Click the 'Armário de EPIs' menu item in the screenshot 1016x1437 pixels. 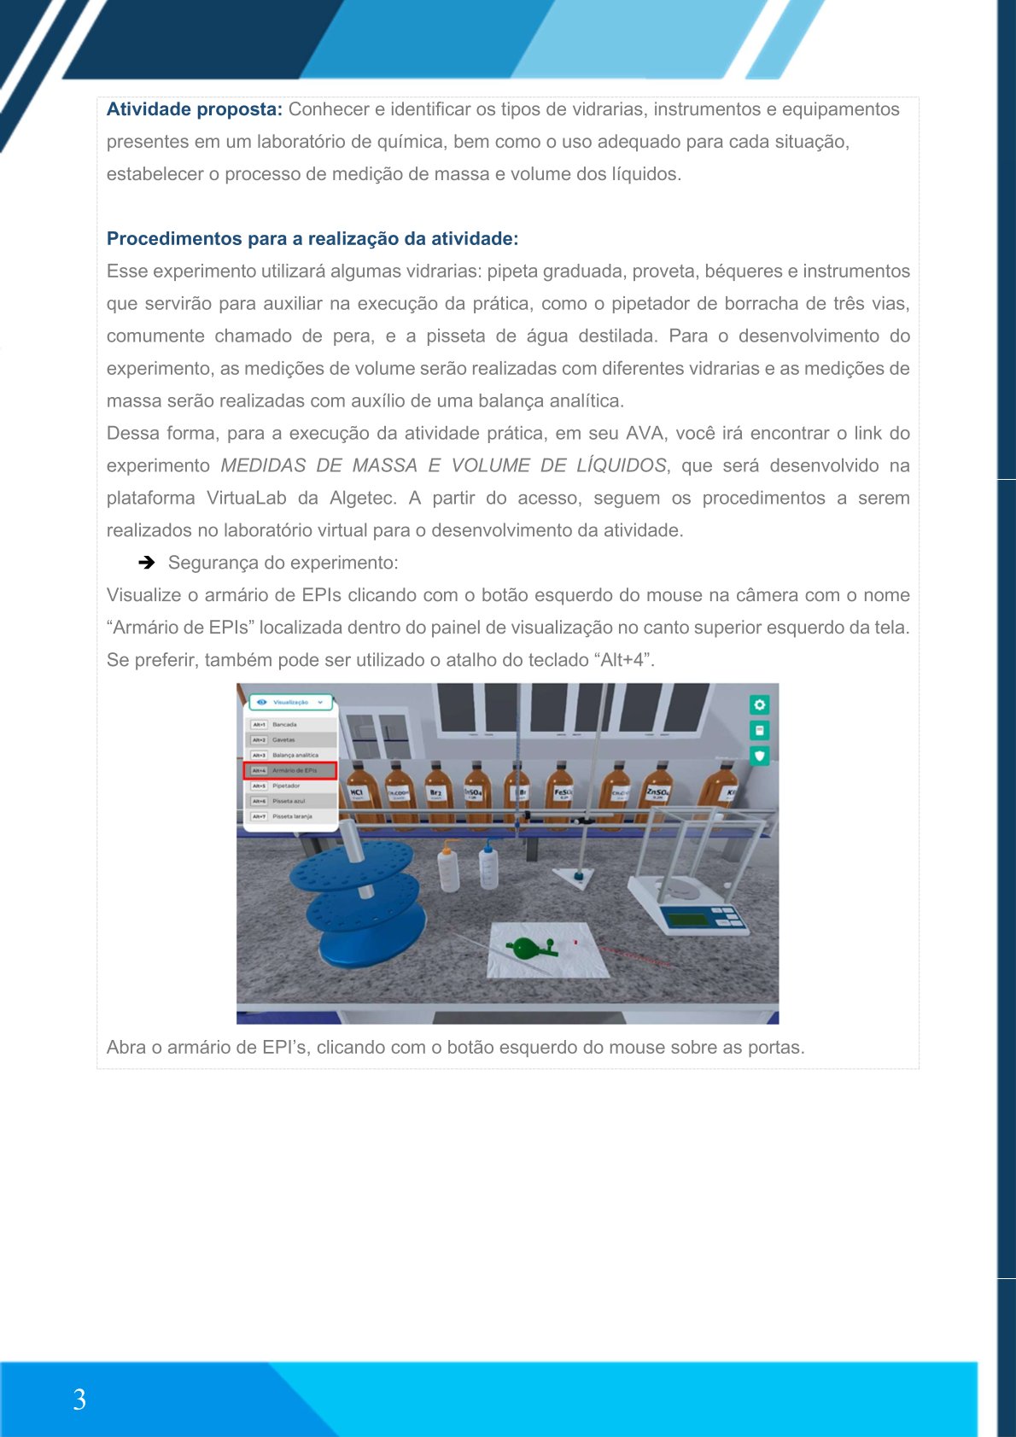291,771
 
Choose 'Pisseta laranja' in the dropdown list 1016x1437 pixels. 291,817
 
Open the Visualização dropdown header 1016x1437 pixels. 291,703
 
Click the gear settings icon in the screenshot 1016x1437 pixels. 759,704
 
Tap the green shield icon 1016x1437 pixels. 759,756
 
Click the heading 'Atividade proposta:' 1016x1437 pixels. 194,109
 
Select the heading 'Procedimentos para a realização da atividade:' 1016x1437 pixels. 312,239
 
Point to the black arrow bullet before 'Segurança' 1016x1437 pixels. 147,563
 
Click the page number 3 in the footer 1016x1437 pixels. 79,1399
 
